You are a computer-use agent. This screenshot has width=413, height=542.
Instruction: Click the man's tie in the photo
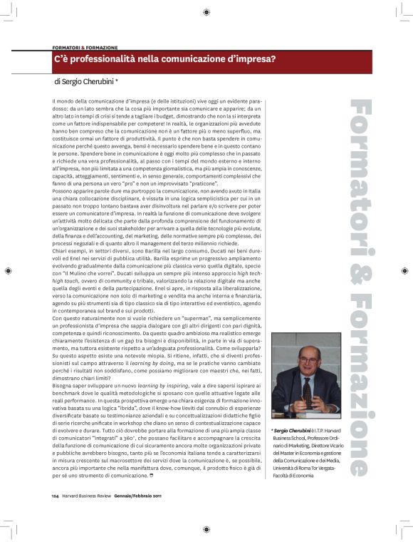[x=307, y=392]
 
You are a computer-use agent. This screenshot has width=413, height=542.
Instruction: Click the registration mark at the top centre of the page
[x=206, y=11]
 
